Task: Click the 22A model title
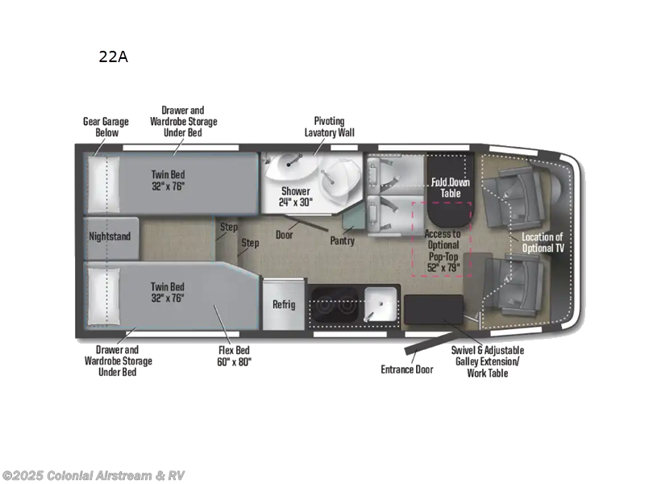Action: point(112,56)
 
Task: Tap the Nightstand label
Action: point(111,237)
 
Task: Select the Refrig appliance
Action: point(284,304)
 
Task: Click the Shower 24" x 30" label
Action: point(296,196)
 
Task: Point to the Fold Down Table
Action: point(450,187)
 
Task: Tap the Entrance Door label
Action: point(406,369)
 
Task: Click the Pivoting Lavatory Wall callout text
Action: point(329,127)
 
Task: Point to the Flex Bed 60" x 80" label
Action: point(234,356)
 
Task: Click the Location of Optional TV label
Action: point(543,242)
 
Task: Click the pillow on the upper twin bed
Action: point(102,185)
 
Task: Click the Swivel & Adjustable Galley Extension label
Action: point(487,361)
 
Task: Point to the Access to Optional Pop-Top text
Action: point(443,251)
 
